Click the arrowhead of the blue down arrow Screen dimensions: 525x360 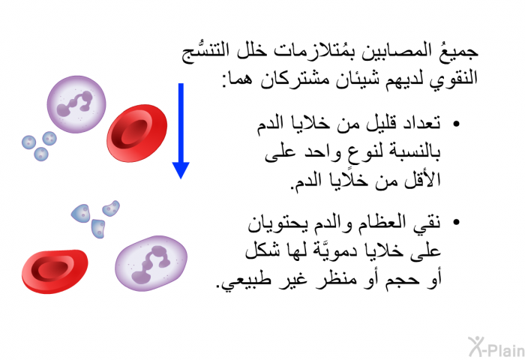(181, 169)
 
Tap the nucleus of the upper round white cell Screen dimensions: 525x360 (75, 103)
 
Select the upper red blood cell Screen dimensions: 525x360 (137, 133)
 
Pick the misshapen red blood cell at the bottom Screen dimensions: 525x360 (55, 271)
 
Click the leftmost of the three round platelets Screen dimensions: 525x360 (28, 142)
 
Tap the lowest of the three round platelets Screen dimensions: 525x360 (41, 154)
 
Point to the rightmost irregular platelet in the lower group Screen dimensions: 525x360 (111, 208)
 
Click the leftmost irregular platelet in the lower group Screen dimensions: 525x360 (81, 213)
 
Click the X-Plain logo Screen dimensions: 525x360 (496, 346)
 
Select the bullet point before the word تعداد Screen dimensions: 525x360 (456, 124)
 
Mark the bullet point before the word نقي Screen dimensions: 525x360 (456, 222)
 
